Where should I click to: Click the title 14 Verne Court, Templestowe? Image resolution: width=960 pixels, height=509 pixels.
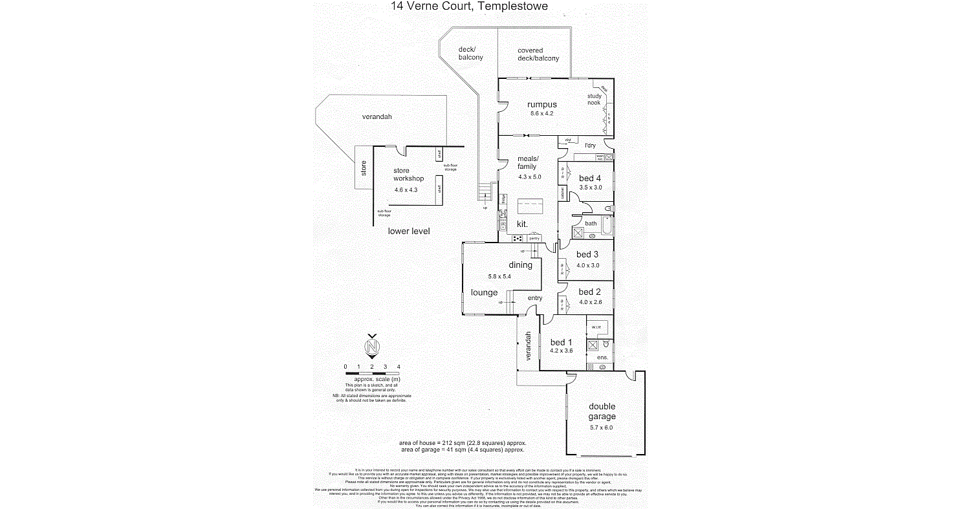pos(470,7)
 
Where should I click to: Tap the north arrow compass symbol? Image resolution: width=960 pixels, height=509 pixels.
pos(372,347)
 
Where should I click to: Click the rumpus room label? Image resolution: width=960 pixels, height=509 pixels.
pos(541,104)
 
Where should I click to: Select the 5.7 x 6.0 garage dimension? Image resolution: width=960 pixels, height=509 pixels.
pos(601,427)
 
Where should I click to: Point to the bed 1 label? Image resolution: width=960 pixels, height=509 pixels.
pos(561,342)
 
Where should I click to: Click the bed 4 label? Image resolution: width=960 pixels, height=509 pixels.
pos(590,179)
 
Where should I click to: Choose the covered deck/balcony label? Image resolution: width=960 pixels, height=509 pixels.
pos(538,54)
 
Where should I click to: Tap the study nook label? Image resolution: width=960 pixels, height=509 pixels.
pos(594,100)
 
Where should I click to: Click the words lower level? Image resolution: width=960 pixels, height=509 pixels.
pos(409,231)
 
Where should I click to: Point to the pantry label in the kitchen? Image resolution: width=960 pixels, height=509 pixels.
pos(534,239)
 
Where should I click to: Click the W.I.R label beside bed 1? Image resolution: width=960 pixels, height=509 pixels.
pos(596,327)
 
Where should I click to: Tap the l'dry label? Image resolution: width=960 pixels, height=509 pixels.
pos(589,146)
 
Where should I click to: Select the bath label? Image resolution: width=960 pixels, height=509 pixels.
pos(591,223)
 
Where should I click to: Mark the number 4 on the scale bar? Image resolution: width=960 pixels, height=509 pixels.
pos(398,367)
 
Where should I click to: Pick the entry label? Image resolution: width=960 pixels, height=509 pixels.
pos(535,298)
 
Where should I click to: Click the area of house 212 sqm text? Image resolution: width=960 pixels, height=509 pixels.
pos(463,442)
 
